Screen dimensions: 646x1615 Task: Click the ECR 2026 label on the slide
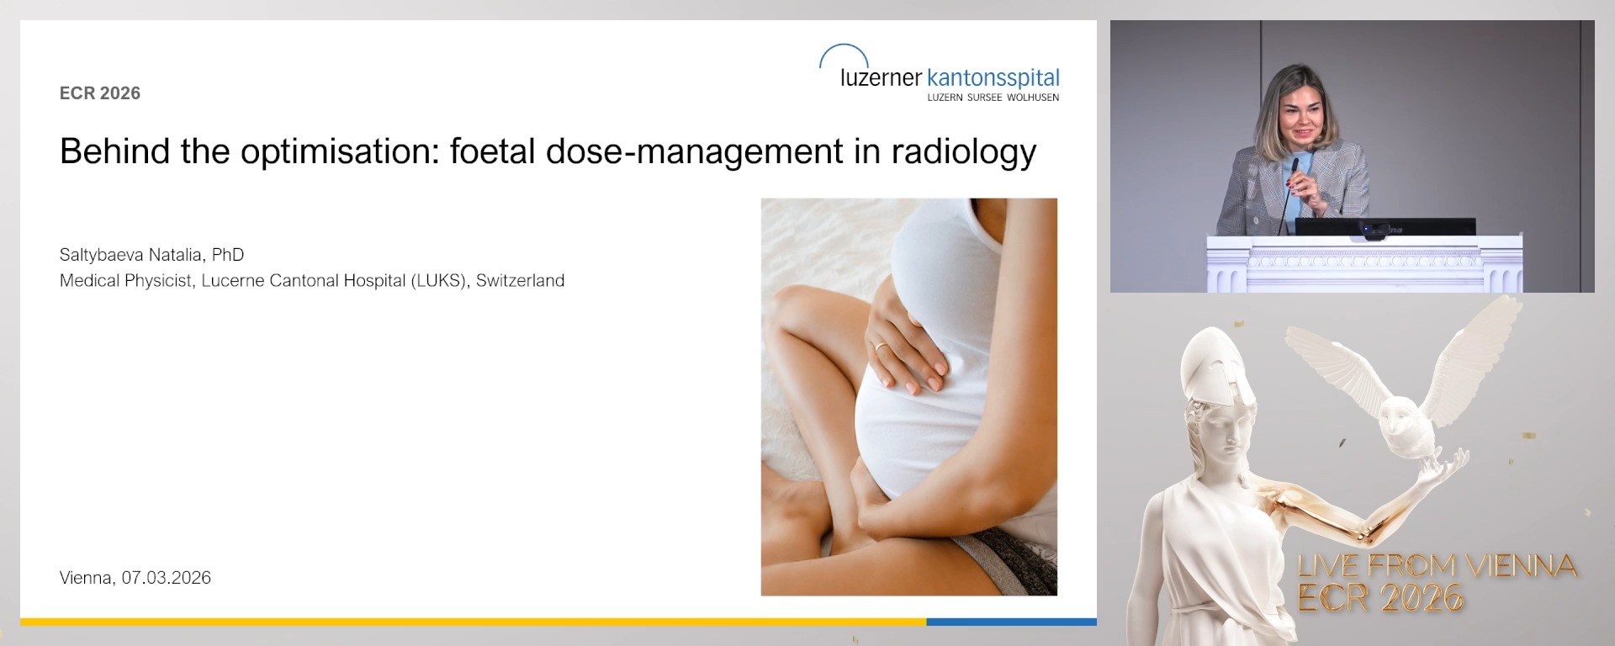99,93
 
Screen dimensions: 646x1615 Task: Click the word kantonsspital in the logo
993,78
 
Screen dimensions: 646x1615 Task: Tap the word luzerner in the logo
881,78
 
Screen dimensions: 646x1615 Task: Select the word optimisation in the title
339,152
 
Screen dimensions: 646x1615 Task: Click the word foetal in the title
492,152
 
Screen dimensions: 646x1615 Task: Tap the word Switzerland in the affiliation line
520,281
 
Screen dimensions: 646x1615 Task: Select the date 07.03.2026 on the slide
166,578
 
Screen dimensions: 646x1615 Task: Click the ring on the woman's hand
880,346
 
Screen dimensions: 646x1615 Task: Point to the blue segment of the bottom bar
1010,622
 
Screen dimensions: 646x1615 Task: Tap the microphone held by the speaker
1294,168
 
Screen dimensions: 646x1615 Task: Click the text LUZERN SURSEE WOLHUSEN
993,98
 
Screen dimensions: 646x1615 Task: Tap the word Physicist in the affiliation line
160,281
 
